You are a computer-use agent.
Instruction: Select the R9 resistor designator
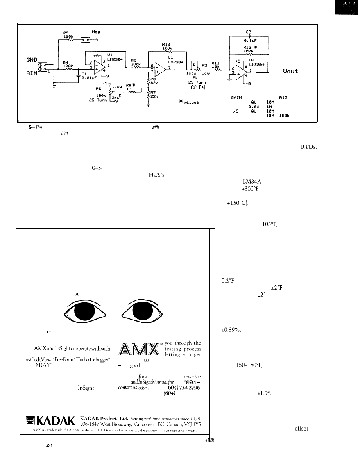(67, 33)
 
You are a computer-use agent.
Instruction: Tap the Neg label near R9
(96, 31)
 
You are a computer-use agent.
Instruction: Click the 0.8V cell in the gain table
(253, 106)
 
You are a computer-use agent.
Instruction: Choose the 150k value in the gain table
(283, 116)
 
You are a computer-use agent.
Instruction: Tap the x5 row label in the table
(235, 111)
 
